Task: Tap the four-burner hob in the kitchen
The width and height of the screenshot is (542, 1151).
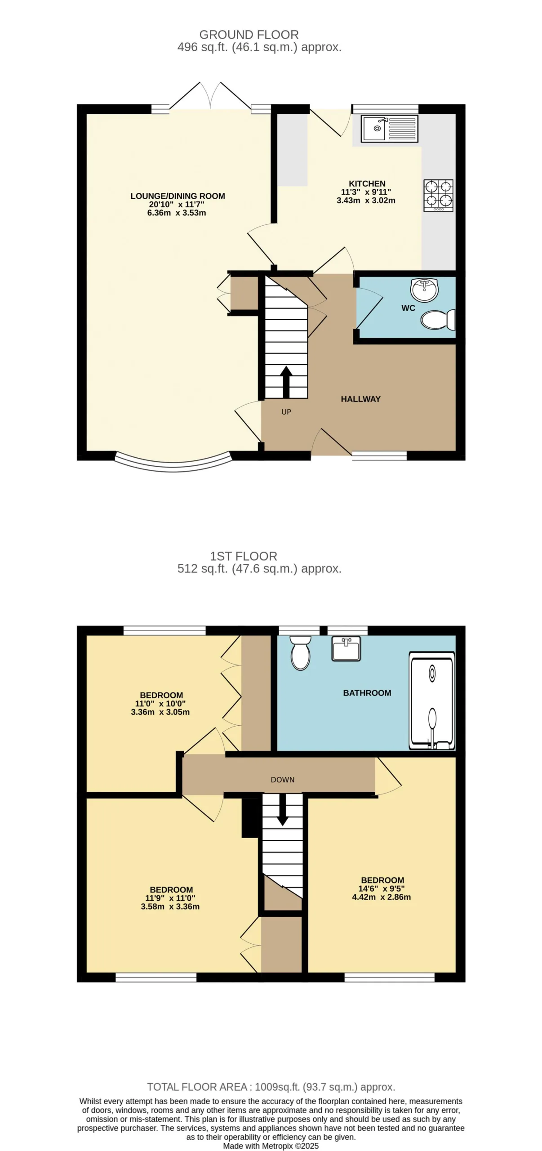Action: click(x=438, y=196)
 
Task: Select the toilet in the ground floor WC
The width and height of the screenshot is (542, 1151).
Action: click(x=438, y=320)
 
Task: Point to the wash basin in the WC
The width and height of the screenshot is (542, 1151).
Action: click(x=424, y=289)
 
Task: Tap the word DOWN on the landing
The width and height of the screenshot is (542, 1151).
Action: click(x=283, y=780)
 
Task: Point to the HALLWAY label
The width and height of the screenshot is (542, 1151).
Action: click(x=360, y=399)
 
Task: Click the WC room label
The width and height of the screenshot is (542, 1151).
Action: click(x=408, y=308)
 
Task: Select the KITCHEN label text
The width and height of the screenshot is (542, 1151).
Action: click(x=367, y=183)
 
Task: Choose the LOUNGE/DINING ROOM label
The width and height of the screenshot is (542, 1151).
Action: click(x=178, y=196)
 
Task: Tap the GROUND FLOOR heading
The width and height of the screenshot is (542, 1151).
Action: click(x=249, y=35)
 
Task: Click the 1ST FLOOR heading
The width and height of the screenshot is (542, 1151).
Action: click(x=244, y=556)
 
